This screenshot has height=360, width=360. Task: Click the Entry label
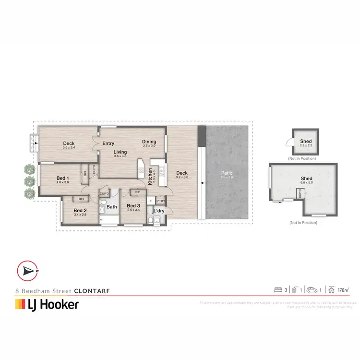click(x=108, y=143)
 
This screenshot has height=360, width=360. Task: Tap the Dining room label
click(x=149, y=142)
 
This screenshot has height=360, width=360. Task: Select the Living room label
click(x=120, y=152)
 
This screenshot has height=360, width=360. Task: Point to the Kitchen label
click(x=150, y=177)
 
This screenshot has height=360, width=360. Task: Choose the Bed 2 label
click(x=80, y=210)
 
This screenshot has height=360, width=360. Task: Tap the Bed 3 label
click(x=133, y=206)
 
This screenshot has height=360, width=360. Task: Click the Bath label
click(x=112, y=207)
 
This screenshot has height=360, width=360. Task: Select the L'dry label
click(x=159, y=211)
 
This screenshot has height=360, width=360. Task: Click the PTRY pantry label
click(x=161, y=201)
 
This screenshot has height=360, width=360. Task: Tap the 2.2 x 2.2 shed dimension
click(x=306, y=145)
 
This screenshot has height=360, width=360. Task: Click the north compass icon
click(x=27, y=271)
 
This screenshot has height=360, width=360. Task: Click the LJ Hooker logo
click(x=47, y=304)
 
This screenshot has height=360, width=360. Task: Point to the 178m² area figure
click(x=342, y=290)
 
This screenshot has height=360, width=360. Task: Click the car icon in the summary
click(x=312, y=289)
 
